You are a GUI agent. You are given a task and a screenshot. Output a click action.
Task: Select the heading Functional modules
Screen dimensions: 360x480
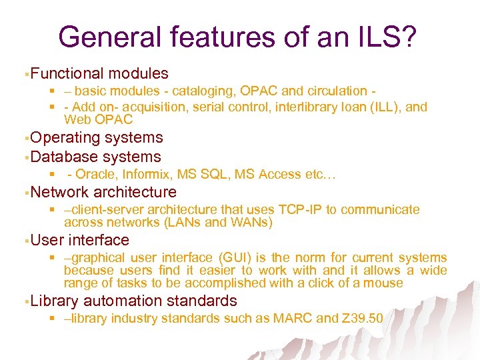99,73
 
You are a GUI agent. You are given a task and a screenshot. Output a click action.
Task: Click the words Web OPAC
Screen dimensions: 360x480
98,120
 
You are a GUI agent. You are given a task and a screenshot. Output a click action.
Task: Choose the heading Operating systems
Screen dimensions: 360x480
97,137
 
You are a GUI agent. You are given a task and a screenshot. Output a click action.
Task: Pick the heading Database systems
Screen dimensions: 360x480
96,157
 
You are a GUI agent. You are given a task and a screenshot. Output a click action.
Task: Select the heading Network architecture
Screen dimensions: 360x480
103,193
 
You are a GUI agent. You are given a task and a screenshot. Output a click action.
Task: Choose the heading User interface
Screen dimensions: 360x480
80,240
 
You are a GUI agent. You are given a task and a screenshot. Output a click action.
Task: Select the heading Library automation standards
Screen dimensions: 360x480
133,301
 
